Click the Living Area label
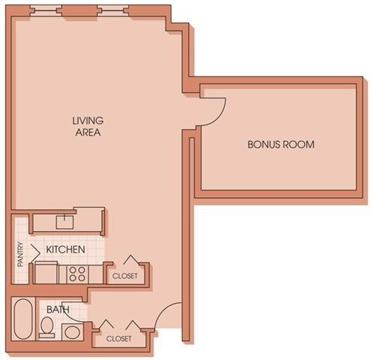click(x=87, y=126)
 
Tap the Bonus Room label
click(x=281, y=145)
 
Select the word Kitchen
click(x=65, y=249)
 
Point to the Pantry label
click(x=20, y=254)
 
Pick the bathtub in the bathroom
click(x=23, y=319)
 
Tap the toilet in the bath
click(x=47, y=327)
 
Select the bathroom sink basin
click(x=73, y=331)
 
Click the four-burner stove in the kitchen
click(x=77, y=274)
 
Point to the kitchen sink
click(x=65, y=223)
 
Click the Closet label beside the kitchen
click(x=125, y=276)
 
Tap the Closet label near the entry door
click(x=119, y=339)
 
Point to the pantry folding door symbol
click(x=37, y=252)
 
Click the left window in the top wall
click(x=46, y=11)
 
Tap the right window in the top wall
click(x=113, y=11)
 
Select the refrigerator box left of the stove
click(x=46, y=272)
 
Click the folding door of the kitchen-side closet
click(x=130, y=259)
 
